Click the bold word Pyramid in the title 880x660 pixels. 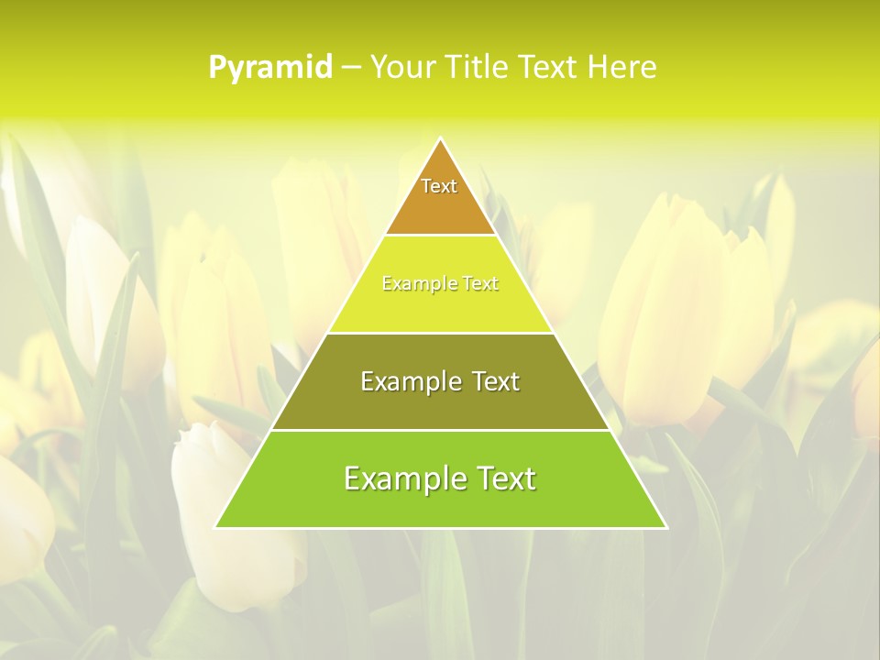269,68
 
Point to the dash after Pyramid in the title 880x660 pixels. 350,68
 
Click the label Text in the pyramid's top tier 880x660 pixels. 439,186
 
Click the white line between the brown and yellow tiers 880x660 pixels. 440,236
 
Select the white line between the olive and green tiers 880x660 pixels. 440,430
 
